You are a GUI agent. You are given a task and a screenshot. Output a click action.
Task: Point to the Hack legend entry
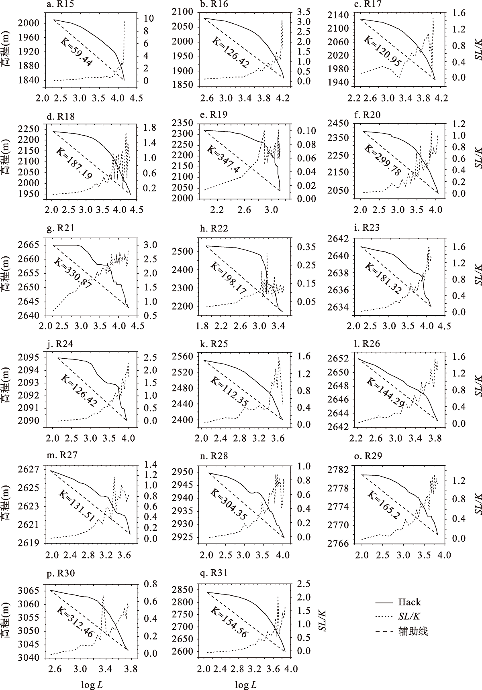tap(409, 602)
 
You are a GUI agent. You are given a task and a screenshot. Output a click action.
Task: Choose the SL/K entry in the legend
tap(409, 617)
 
